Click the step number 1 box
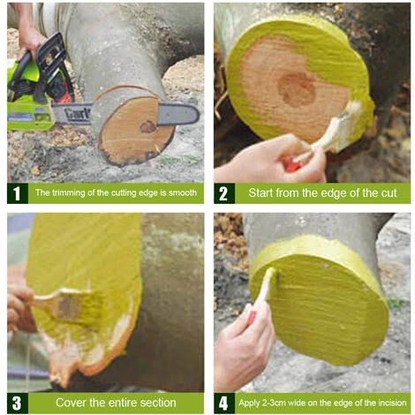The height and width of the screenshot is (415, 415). [x=18, y=193]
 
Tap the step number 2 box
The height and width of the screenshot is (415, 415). [x=224, y=193]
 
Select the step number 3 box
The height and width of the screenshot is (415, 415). [x=18, y=403]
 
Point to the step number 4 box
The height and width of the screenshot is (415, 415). [x=224, y=403]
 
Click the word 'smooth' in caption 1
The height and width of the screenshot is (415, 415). [x=183, y=193]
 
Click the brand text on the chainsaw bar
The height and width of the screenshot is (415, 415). [x=77, y=114]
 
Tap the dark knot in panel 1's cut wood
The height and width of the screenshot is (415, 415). [x=147, y=127]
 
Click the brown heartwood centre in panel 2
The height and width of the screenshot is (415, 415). [x=297, y=90]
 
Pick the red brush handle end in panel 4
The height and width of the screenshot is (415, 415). [x=252, y=318]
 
